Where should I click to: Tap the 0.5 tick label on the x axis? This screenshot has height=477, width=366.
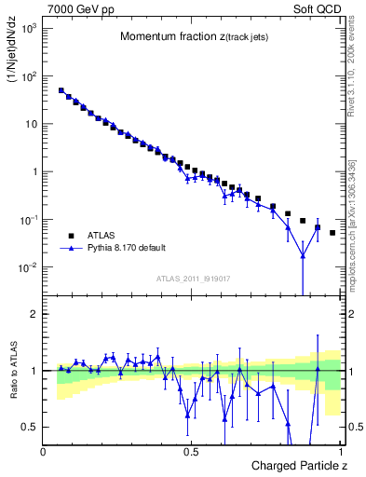[x=192, y=451]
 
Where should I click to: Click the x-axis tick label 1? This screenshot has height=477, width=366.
[x=341, y=451]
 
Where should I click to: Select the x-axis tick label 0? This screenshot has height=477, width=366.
[x=44, y=451]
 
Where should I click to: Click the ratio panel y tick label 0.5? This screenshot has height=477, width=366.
[x=31, y=427]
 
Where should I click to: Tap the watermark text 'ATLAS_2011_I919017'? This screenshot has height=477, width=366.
[x=193, y=278]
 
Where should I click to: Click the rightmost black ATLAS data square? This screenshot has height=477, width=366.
[x=332, y=233]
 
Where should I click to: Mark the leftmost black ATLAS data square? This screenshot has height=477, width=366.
[x=61, y=91]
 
